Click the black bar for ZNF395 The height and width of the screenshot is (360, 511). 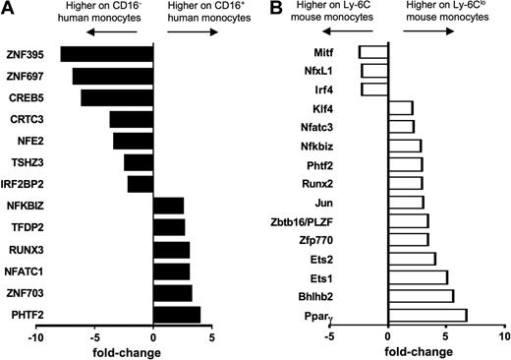pyautogui.click(x=106, y=54)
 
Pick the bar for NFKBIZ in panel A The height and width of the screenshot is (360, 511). pyautogui.click(x=168, y=206)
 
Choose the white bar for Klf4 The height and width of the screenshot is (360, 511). pyautogui.click(x=400, y=107)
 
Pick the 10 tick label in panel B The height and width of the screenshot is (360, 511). pyautogui.click(x=504, y=336)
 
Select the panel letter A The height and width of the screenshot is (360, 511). pyautogui.click(x=9, y=9)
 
